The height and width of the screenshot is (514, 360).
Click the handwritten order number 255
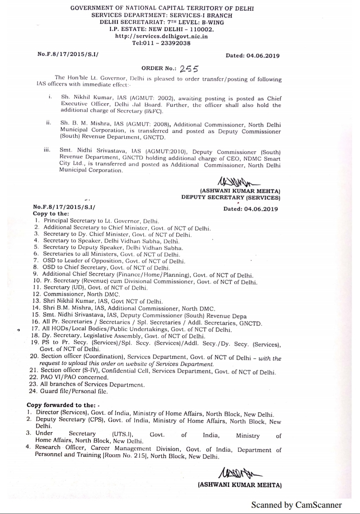(189, 69)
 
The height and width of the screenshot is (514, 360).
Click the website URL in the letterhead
(161, 36)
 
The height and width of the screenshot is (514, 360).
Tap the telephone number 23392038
(175, 43)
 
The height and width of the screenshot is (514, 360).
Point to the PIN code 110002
(201, 29)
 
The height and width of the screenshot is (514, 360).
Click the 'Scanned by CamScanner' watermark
(296, 505)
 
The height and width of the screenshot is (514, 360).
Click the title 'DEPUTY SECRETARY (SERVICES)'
(231, 197)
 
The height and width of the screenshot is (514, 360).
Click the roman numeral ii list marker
(49, 123)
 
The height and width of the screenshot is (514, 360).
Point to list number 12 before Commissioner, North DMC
(37, 294)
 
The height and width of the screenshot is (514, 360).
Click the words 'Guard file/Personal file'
(74, 391)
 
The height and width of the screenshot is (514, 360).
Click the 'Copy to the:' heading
(51, 214)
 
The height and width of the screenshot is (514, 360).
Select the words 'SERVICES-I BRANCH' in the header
(201, 15)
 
